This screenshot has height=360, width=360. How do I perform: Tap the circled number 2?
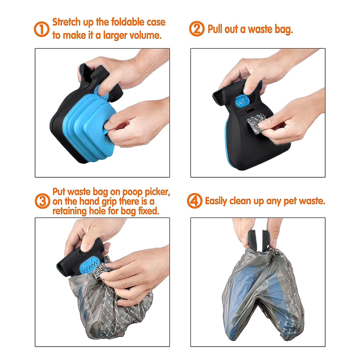click(x=197, y=29)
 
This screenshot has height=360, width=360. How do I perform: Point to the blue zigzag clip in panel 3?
click(x=91, y=264)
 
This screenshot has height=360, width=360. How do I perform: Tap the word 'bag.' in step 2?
click(x=283, y=29)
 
